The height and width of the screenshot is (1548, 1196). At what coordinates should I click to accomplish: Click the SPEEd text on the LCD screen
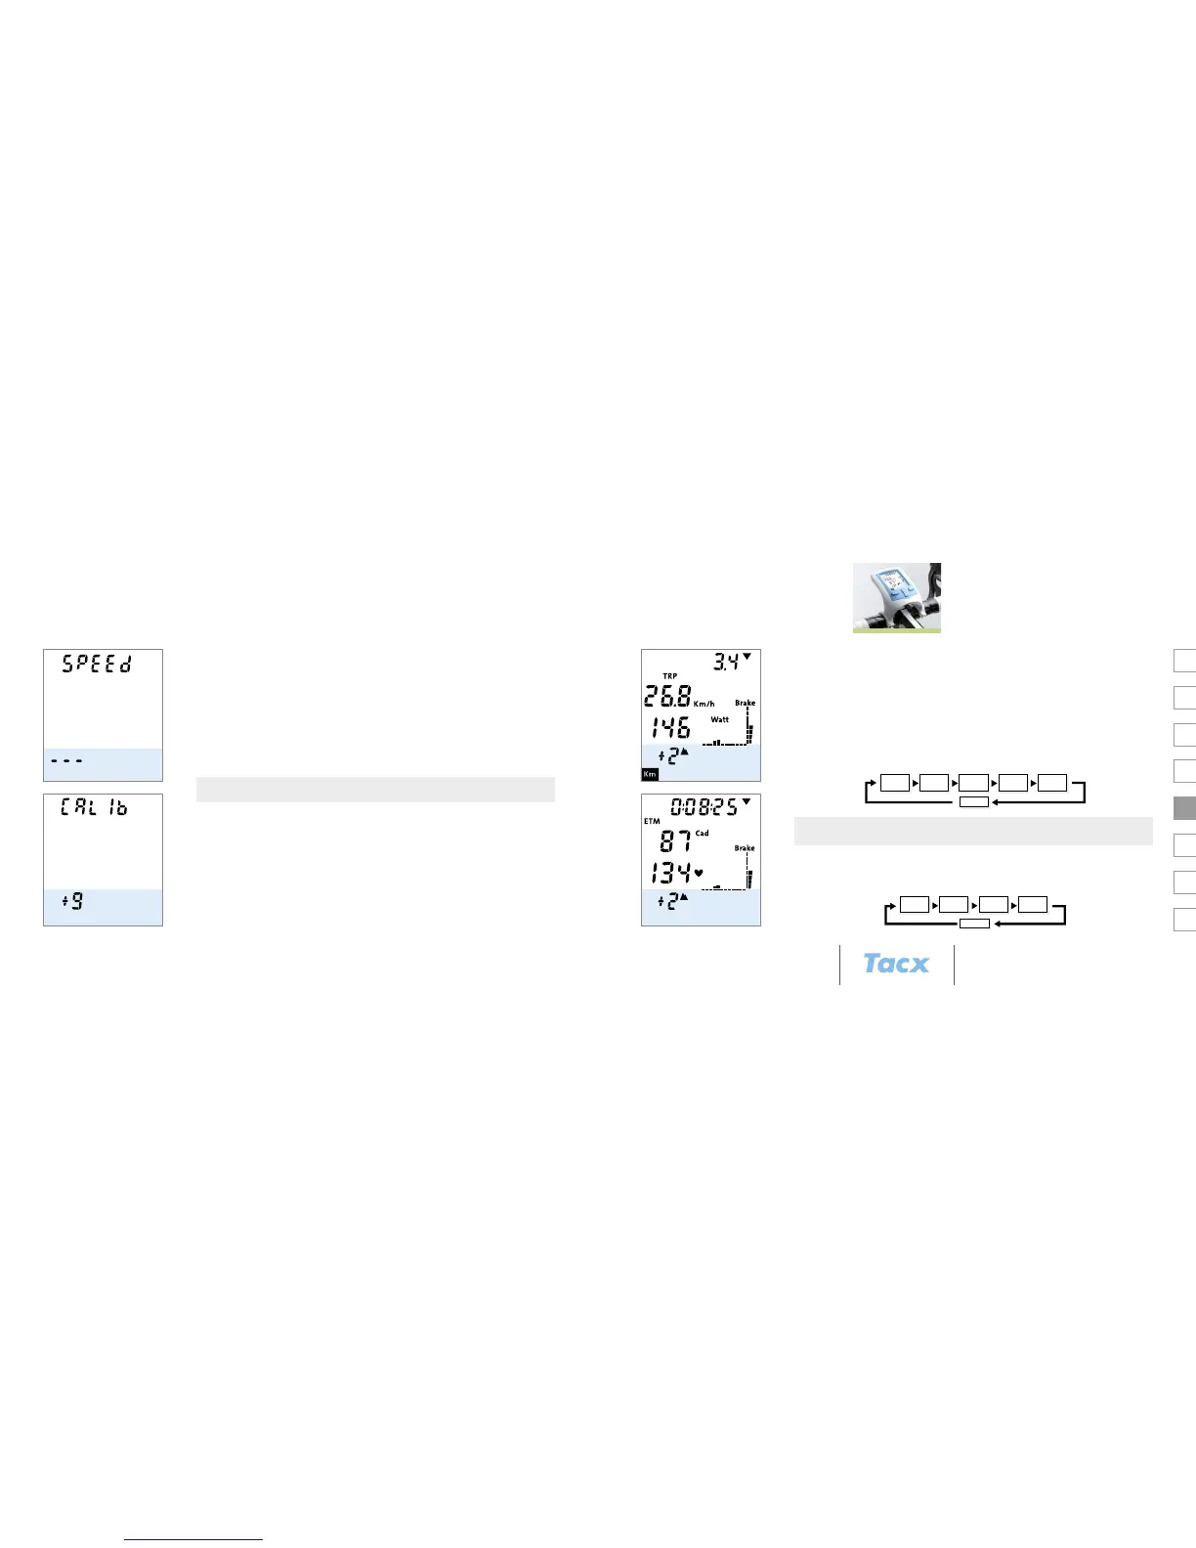pos(97,664)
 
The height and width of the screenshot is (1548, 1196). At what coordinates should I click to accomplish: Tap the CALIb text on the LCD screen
pos(94,808)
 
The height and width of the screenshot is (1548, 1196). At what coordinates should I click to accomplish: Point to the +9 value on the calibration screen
pos(72,901)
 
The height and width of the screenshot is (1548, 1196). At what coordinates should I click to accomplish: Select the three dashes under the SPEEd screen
pos(66,760)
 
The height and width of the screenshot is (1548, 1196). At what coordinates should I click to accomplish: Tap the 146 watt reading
pos(670,727)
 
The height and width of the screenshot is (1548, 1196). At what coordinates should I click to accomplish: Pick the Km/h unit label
pos(705,704)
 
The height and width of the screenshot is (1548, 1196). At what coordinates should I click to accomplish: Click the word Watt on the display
pos(720,719)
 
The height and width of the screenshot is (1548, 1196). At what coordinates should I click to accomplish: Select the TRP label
pos(669,676)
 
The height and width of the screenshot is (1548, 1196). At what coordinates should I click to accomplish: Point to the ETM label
pos(652,821)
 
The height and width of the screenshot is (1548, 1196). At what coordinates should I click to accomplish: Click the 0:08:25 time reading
pos(704,807)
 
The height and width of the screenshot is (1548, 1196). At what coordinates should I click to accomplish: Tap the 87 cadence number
pos(676,840)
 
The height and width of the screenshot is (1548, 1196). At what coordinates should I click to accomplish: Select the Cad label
pos(703,834)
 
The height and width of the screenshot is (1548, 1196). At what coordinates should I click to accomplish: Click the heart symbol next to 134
pos(699,872)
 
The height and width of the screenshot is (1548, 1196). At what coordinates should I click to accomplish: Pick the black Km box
pos(650,774)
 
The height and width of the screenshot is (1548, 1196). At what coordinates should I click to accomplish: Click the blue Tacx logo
pos(896,964)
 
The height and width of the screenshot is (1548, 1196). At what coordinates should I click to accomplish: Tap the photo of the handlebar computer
pos(896,597)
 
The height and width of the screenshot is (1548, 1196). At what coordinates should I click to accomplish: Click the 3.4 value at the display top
pos(726,663)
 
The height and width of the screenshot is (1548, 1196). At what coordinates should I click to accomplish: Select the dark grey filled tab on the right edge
pos(1184,808)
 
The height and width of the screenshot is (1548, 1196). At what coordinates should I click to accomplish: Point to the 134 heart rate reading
pos(671,873)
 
